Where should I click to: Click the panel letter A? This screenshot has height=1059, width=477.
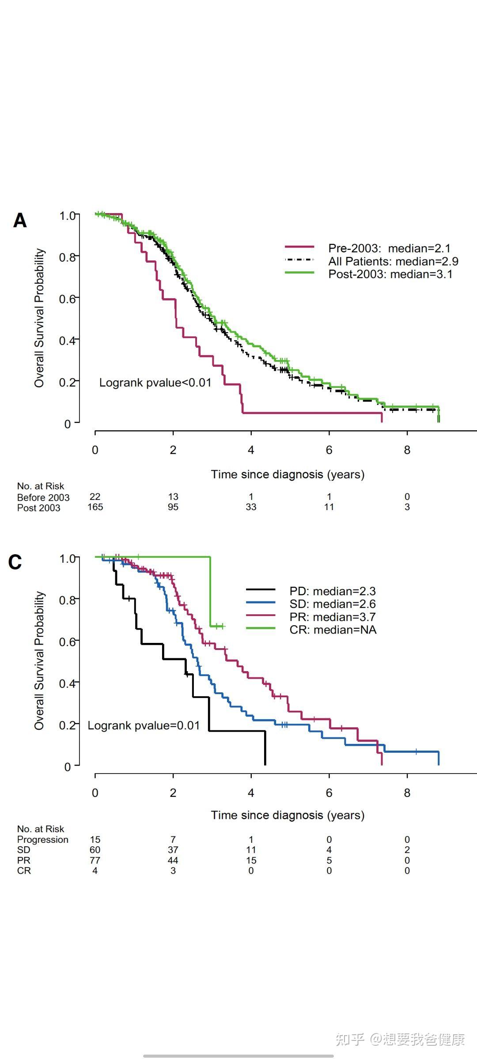[x=20, y=221]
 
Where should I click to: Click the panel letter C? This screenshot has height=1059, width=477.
[x=15, y=562]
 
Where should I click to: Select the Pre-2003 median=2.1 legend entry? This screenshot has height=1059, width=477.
[x=389, y=248]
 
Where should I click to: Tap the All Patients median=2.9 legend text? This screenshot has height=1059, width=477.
[x=393, y=261]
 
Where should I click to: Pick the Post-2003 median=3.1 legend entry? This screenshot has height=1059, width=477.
[x=390, y=274]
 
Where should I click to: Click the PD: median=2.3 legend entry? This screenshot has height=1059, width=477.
[x=333, y=591]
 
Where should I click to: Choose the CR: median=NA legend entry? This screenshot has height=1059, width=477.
[x=333, y=630]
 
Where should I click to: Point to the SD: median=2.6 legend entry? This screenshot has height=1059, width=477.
[x=333, y=604]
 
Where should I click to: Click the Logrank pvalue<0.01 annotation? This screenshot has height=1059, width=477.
[x=155, y=383]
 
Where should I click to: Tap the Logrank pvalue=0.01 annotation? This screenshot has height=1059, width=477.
[x=144, y=725]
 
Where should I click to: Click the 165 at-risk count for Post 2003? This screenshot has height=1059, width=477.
[x=95, y=507]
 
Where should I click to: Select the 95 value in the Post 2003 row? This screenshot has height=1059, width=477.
[x=173, y=507]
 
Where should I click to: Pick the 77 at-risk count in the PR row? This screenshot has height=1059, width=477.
[x=95, y=860]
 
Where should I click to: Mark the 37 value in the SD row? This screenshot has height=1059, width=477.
[x=173, y=850]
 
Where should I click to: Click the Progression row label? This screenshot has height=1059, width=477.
[x=43, y=839]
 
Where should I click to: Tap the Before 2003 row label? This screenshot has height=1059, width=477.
[x=43, y=497]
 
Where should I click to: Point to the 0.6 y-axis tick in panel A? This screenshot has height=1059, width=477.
[x=67, y=299]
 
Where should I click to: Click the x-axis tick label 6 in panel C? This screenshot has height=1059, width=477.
[x=329, y=793]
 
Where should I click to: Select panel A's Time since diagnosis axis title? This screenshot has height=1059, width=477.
[x=288, y=474]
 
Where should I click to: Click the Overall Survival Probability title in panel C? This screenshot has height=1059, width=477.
[x=40, y=661]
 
